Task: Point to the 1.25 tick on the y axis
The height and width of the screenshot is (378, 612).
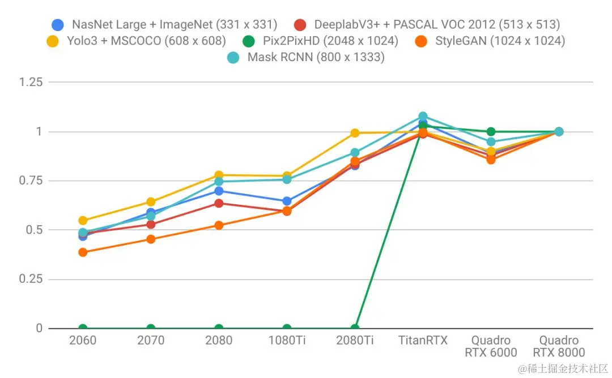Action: [31, 82]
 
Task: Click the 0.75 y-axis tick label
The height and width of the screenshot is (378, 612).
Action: [31, 181]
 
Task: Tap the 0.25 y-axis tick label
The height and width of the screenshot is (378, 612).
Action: [31, 279]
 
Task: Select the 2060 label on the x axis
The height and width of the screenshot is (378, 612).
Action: [83, 341]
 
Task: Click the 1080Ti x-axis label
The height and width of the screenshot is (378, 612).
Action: [287, 341]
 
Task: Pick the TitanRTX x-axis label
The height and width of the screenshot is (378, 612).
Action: [423, 341]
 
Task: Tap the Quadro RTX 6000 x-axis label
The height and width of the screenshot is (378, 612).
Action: [491, 346]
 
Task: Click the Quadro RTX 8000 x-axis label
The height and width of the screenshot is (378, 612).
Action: [559, 346]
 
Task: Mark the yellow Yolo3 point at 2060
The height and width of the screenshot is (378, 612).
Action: [83, 221]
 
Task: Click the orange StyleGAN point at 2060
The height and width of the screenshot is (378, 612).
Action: [83, 252]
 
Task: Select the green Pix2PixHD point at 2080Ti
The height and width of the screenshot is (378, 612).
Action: [355, 328]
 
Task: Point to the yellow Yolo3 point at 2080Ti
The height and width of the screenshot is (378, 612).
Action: [355, 133]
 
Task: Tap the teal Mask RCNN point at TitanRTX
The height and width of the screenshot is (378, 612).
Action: [423, 117]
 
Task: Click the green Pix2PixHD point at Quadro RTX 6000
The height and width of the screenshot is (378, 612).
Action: [491, 132]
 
